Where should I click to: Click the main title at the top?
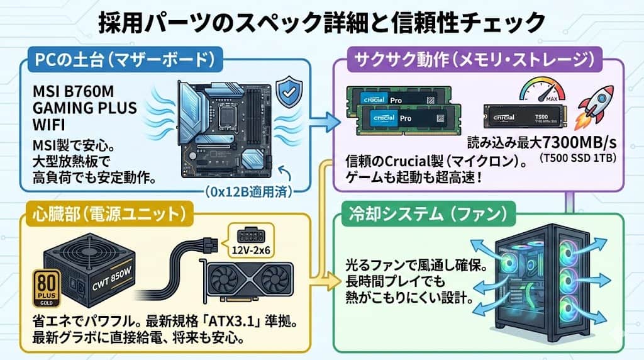321,23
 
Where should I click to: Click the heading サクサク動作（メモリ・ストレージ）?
474,61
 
